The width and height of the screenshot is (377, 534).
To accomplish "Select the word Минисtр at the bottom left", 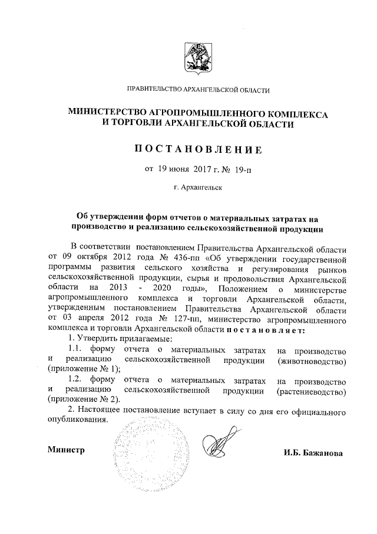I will point(66,450).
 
